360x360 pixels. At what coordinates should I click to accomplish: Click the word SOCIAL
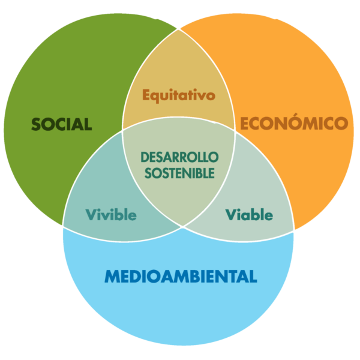[x=62, y=124]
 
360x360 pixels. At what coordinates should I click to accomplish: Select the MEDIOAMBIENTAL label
[x=181, y=276]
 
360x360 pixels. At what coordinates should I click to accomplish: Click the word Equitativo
[x=179, y=95]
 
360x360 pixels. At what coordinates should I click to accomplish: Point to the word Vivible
[x=111, y=215]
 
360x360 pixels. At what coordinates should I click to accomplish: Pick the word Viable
[x=249, y=215]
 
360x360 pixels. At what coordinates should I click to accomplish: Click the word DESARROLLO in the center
[x=179, y=157]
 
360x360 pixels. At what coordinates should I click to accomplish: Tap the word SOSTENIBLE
[x=179, y=173]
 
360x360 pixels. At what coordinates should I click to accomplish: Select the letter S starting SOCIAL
[x=36, y=124]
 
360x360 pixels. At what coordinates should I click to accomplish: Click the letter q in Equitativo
[x=158, y=97]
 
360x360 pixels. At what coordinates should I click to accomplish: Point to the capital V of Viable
[x=232, y=215]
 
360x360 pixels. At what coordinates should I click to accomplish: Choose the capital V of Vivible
[x=92, y=215]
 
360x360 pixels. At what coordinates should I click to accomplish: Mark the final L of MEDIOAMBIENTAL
[x=253, y=276]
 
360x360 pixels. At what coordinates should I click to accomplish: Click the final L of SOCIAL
[x=88, y=124]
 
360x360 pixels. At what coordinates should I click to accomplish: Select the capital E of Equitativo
[x=147, y=95]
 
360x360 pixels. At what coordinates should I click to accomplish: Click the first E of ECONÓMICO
[x=245, y=123]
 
